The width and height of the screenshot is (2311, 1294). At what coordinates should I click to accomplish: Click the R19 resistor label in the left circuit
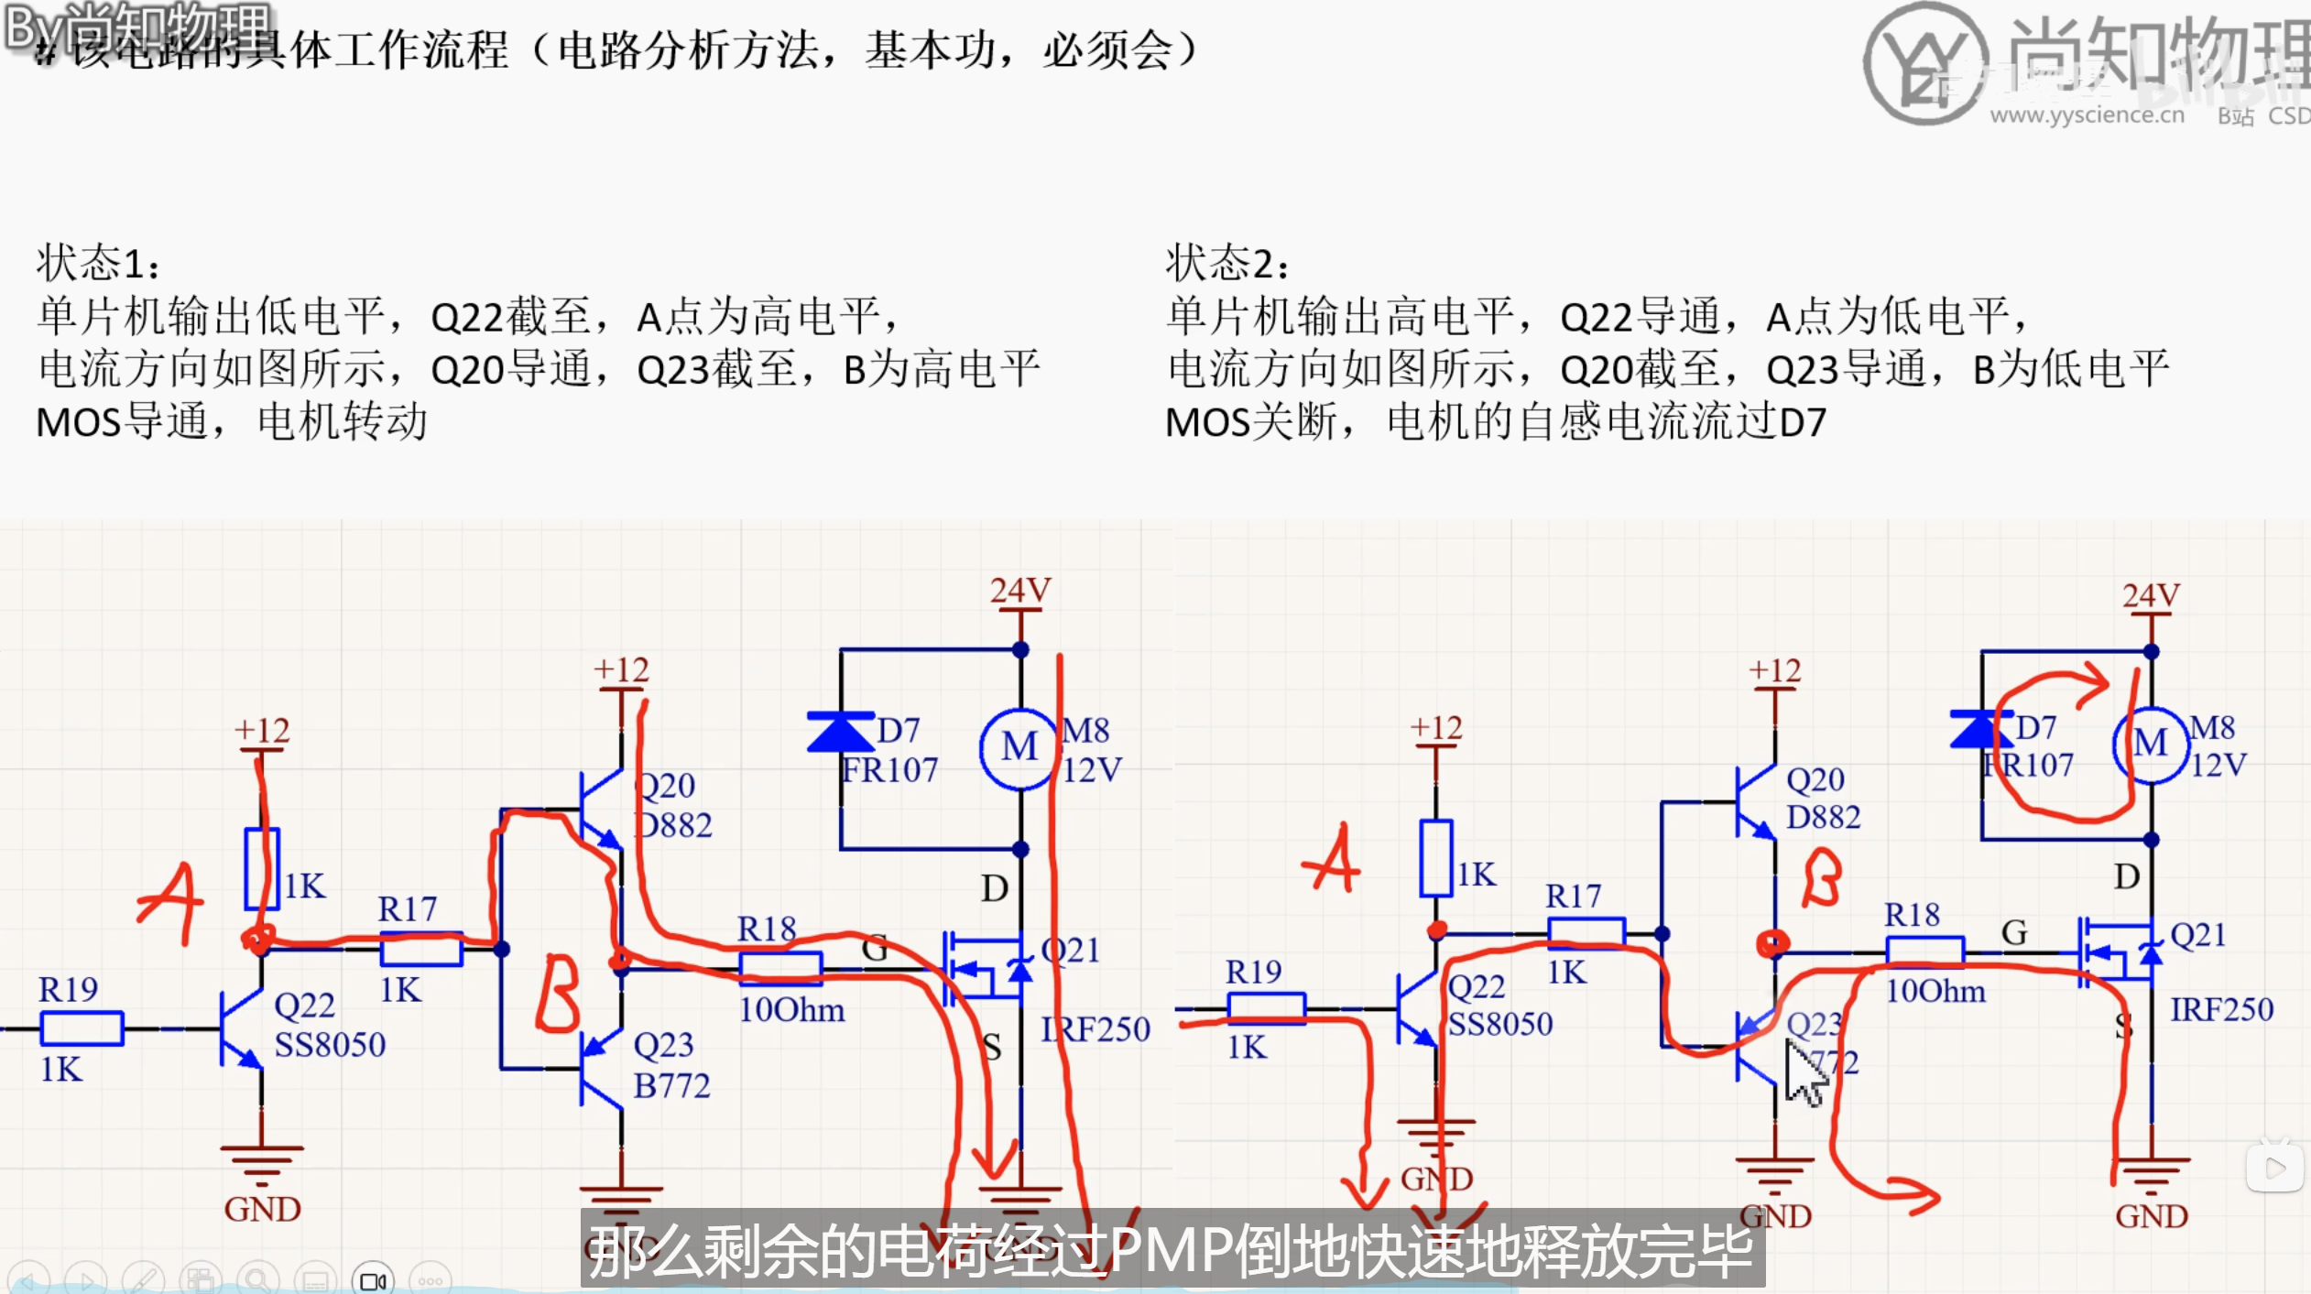(x=68, y=990)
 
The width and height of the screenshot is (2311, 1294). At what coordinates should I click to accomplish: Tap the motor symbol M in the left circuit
(x=1019, y=748)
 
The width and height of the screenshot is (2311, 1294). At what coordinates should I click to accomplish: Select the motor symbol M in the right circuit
(x=2150, y=744)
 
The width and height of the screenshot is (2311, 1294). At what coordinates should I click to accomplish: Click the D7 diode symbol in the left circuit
(x=839, y=732)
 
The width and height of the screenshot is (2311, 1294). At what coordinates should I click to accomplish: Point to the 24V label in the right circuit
(x=2150, y=596)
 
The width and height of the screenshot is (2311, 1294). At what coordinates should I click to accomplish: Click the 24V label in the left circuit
(x=1019, y=591)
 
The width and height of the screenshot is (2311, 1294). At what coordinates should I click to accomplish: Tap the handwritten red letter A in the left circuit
(x=170, y=903)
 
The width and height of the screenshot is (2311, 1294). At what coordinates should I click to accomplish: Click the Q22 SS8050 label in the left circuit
(x=329, y=1025)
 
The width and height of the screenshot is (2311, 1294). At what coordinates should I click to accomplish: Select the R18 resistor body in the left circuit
(x=780, y=967)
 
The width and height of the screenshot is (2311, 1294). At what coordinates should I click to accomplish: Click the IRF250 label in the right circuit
(x=2221, y=1010)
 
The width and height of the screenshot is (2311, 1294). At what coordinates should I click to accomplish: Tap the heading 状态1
(x=97, y=264)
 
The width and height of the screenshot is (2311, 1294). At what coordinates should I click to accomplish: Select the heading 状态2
(x=1226, y=264)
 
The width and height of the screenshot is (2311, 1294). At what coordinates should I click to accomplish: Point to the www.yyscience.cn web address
(x=2087, y=115)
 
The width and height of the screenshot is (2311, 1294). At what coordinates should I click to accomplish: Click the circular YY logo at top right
(x=1925, y=64)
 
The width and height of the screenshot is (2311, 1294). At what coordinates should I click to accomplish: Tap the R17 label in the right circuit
(x=1573, y=896)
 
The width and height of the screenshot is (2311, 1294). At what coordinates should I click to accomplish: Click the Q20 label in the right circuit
(x=1815, y=780)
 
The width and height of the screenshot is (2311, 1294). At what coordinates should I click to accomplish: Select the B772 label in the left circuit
(x=671, y=1086)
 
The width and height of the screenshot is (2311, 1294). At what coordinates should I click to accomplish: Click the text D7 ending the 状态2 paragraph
(x=1802, y=423)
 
